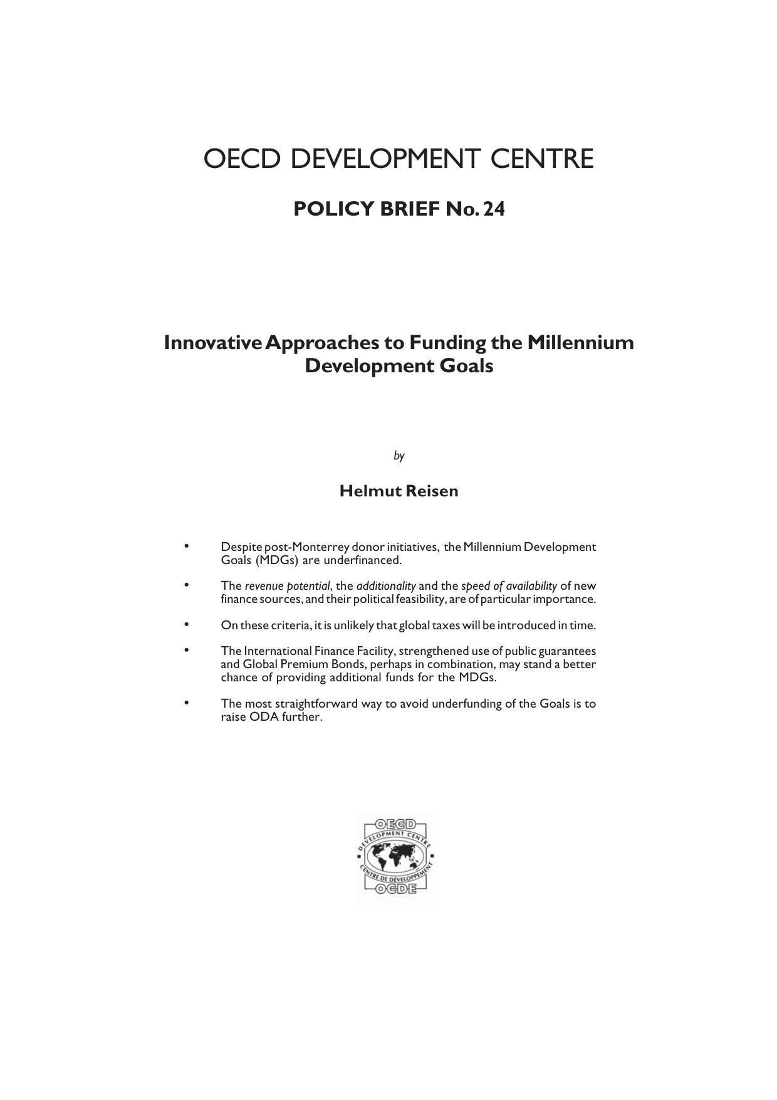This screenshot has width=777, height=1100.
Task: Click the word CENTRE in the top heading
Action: pyautogui.click(x=542, y=159)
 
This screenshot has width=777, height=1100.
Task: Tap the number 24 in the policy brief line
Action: pyautogui.click(x=494, y=209)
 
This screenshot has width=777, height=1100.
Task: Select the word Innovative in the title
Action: pyautogui.click(x=212, y=343)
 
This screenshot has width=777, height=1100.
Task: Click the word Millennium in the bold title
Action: pyautogui.click(x=580, y=343)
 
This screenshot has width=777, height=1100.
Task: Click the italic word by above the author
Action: pyautogui.click(x=399, y=456)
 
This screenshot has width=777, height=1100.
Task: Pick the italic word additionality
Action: pyautogui.click(x=386, y=586)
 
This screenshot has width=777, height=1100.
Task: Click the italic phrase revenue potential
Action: pyautogui.click(x=287, y=586)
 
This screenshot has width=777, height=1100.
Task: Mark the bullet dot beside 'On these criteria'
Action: pyautogui.click(x=186, y=624)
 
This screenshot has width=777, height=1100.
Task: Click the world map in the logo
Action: pyautogui.click(x=395, y=856)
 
